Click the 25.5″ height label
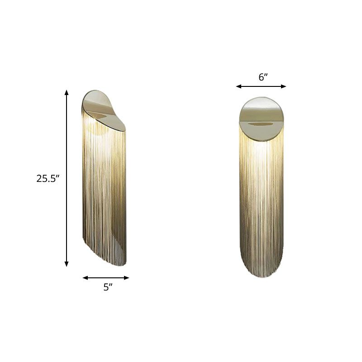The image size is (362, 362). coord(48,178)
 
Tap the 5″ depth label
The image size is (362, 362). coord(107,287)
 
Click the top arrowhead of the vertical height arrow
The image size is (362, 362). coord(67,92)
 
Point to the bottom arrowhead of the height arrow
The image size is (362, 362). coord(67,264)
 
